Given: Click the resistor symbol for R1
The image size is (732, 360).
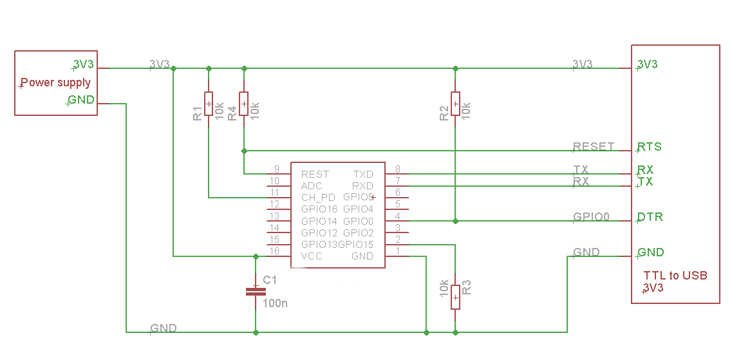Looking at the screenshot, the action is (x=208, y=104).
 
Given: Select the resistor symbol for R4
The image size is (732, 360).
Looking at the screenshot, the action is (x=243, y=104).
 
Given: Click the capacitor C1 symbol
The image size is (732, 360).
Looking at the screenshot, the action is (x=256, y=292).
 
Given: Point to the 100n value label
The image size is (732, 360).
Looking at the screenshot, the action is (x=276, y=303).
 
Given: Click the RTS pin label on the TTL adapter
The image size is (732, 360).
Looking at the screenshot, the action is (x=650, y=147).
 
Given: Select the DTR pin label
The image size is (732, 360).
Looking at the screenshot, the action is (x=650, y=217).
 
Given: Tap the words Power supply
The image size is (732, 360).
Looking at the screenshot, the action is (x=56, y=83).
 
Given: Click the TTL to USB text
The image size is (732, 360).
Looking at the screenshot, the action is (x=675, y=275).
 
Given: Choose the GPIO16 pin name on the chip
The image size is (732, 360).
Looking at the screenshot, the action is (x=319, y=209).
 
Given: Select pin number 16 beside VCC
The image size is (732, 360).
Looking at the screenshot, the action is (x=274, y=251).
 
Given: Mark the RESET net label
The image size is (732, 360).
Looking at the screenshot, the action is (x=594, y=147).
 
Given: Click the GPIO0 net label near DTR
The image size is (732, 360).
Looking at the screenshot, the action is (x=591, y=217).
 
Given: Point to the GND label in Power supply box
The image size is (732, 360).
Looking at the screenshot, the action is (x=81, y=99).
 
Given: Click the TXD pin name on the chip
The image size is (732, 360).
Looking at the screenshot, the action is (x=364, y=174).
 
